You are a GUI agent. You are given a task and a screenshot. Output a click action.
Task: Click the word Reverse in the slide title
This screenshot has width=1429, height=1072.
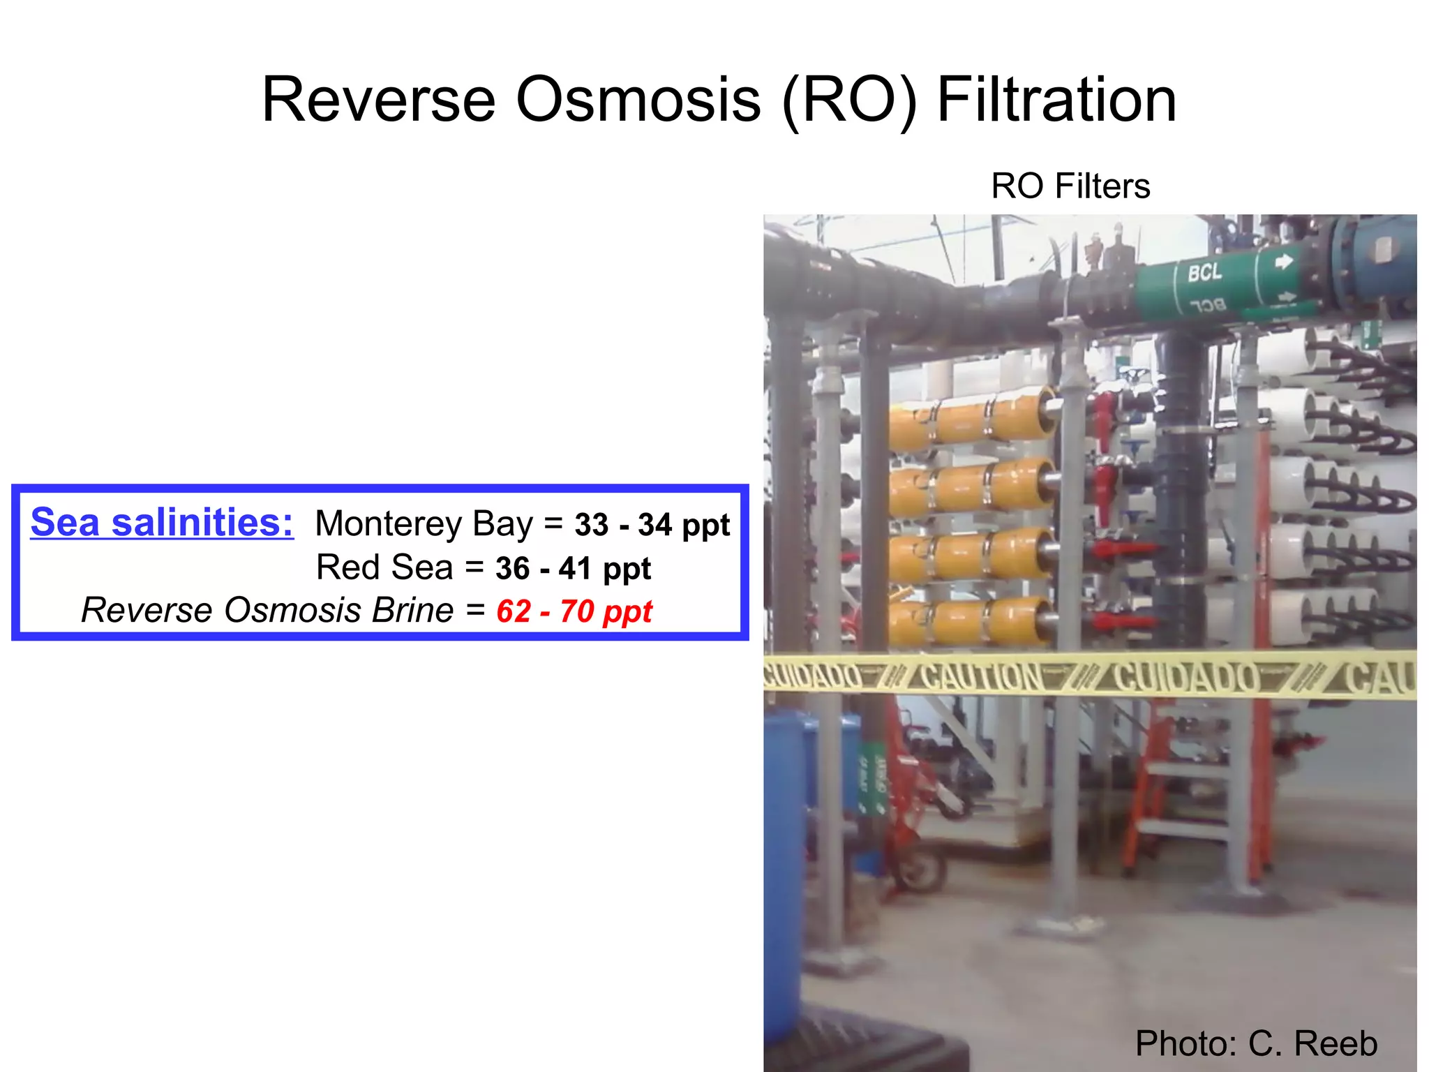click(378, 100)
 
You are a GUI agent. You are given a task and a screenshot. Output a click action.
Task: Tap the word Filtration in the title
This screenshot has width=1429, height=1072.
click(1056, 100)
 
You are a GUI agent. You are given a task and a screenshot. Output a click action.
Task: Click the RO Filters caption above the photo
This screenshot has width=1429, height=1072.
click(1070, 186)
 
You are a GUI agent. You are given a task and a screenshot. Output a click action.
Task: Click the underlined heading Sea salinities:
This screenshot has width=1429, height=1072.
click(162, 522)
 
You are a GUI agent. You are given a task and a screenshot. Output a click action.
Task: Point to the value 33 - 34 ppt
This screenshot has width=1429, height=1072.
click(652, 525)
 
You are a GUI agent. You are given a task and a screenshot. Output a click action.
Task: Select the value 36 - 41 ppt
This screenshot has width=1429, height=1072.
click(573, 568)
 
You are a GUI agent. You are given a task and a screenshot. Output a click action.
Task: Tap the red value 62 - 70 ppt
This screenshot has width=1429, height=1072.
click(574, 611)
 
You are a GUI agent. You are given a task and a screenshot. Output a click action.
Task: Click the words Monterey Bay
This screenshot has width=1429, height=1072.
click(424, 523)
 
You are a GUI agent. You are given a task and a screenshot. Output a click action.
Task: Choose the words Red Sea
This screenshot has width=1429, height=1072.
click(384, 567)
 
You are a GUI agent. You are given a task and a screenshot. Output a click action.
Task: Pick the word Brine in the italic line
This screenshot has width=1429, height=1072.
click(412, 611)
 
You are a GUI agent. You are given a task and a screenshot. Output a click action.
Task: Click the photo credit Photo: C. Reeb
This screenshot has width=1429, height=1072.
click(1256, 1043)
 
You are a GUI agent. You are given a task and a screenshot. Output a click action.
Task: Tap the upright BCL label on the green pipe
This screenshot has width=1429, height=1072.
click(1205, 272)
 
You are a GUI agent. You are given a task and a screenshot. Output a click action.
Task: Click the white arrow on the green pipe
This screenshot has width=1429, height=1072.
click(1283, 262)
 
